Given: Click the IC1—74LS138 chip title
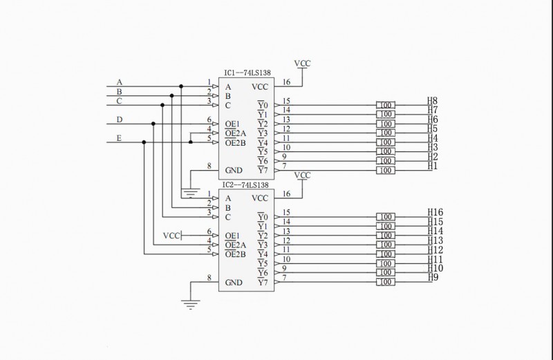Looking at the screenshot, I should coord(247,72).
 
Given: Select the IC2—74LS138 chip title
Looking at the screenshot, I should coord(247,185).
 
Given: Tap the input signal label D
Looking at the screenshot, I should coord(119,120).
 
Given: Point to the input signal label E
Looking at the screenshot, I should coord(119,138).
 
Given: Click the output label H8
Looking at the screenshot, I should coord(432,101).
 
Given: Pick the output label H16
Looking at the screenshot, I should coord(435,212).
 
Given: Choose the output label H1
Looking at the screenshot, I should coord(432,166).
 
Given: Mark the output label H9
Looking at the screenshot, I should coord(433,277).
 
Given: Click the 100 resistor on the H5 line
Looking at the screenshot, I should coord(386,133).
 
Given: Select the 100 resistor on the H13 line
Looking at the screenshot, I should coord(386,245).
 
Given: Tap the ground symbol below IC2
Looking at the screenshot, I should coord(190,302).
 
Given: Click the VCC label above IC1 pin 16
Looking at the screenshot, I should coord(302,64).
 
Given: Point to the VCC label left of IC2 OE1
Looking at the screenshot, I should coord(171,236).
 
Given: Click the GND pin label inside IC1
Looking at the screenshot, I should coord(234,170).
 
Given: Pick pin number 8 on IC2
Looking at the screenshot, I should coord(209,278).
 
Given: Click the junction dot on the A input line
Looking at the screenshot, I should coord(181,86).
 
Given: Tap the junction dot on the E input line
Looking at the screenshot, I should coord(144,142).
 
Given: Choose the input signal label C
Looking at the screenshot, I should coord(119,101).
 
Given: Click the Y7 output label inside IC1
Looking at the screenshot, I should coord(262,170).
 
